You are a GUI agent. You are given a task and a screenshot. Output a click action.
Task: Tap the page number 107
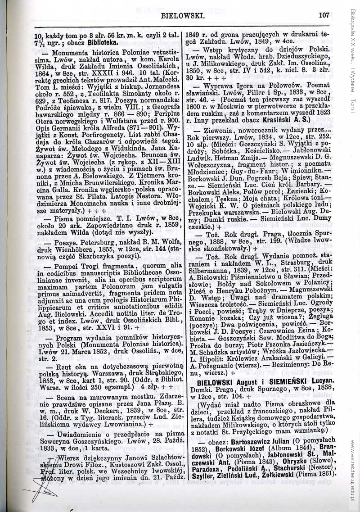[324, 15]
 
